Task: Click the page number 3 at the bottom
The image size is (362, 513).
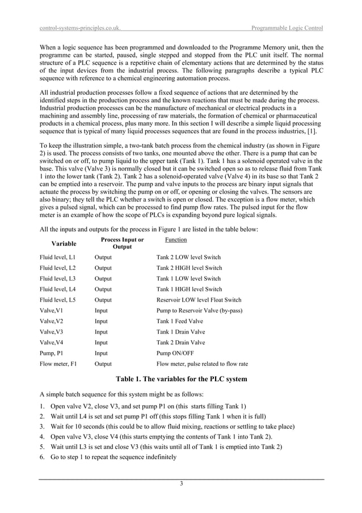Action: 181,483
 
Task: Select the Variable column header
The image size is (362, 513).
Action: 64,244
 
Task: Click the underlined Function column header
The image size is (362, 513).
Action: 167,240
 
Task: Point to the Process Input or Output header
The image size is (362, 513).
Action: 122,243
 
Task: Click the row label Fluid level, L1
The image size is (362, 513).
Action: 57,257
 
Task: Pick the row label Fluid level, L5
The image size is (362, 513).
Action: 57,300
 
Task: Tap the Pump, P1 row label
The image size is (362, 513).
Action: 53,353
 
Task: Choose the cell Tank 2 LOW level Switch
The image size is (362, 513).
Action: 189,257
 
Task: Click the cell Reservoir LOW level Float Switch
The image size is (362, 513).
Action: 199,300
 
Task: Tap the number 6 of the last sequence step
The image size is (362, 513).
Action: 42,457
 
